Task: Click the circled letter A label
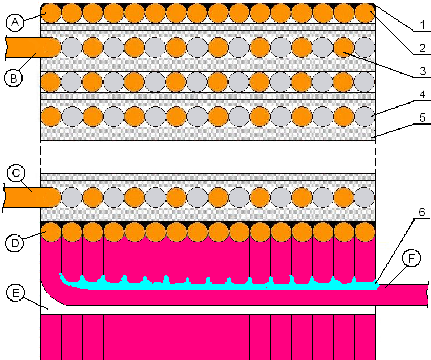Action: point(15,22)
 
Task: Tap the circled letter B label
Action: point(14,78)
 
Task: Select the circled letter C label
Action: point(16,173)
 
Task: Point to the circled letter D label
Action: point(15,243)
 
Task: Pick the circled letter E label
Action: point(16,293)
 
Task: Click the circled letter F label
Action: point(411,259)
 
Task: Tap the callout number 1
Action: point(422,25)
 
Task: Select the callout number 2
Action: point(423,49)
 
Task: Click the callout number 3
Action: point(423,71)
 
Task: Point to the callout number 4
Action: point(423,95)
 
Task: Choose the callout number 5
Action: point(423,117)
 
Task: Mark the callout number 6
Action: point(421,212)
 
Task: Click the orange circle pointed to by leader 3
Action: point(343,48)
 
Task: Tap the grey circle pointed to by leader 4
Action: point(365,117)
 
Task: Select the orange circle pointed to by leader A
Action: point(51,13)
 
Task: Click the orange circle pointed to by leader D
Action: point(51,232)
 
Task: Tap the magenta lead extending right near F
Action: point(402,295)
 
